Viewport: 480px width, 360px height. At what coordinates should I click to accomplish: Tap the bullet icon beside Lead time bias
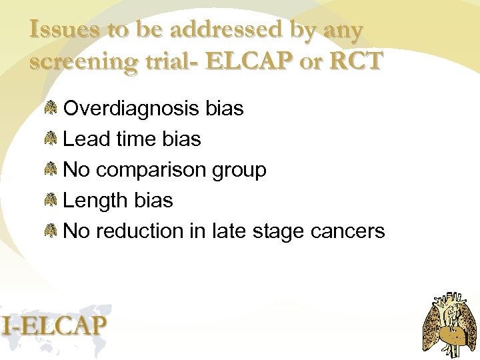point(51,139)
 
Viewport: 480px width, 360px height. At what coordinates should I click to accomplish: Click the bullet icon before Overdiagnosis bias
point(51,109)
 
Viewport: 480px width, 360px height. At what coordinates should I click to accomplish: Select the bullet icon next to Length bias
point(51,201)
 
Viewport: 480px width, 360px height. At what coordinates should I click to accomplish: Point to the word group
point(239,171)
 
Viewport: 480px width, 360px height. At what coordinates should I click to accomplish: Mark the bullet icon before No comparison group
point(51,171)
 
